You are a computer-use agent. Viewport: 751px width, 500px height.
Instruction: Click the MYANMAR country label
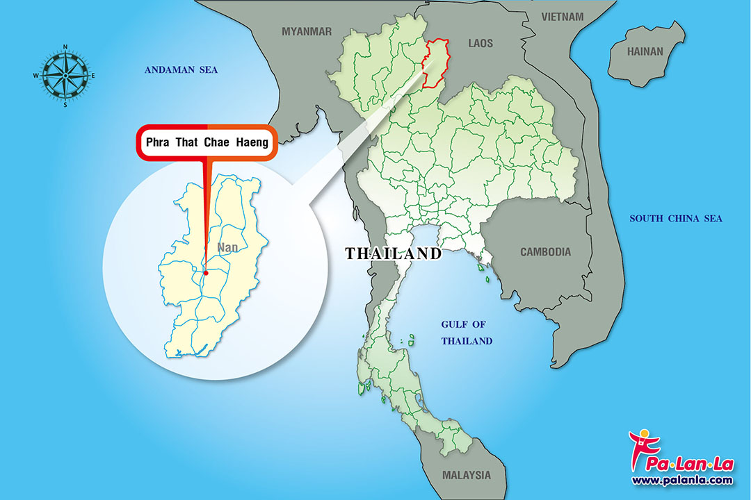(307, 31)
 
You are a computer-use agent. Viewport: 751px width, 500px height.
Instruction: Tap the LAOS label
(481, 44)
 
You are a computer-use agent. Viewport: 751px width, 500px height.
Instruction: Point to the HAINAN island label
(645, 51)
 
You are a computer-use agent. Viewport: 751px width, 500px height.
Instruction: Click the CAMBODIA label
(546, 252)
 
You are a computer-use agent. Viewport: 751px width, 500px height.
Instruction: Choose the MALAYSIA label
(466, 476)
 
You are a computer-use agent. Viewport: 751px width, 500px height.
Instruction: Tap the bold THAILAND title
(394, 253)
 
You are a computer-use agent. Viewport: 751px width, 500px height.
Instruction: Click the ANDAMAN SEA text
(181, 69)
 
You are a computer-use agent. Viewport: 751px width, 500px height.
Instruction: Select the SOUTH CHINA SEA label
(676, 219)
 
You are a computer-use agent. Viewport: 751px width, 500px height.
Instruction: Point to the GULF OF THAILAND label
(467, 333)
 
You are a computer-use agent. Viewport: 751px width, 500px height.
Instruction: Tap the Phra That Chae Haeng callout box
(207, 144)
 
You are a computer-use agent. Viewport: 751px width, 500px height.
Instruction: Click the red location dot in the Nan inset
(206, 273)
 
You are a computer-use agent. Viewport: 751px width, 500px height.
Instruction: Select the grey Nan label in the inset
(227, 247)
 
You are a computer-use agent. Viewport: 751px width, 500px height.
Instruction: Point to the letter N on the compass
(65, 47)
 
